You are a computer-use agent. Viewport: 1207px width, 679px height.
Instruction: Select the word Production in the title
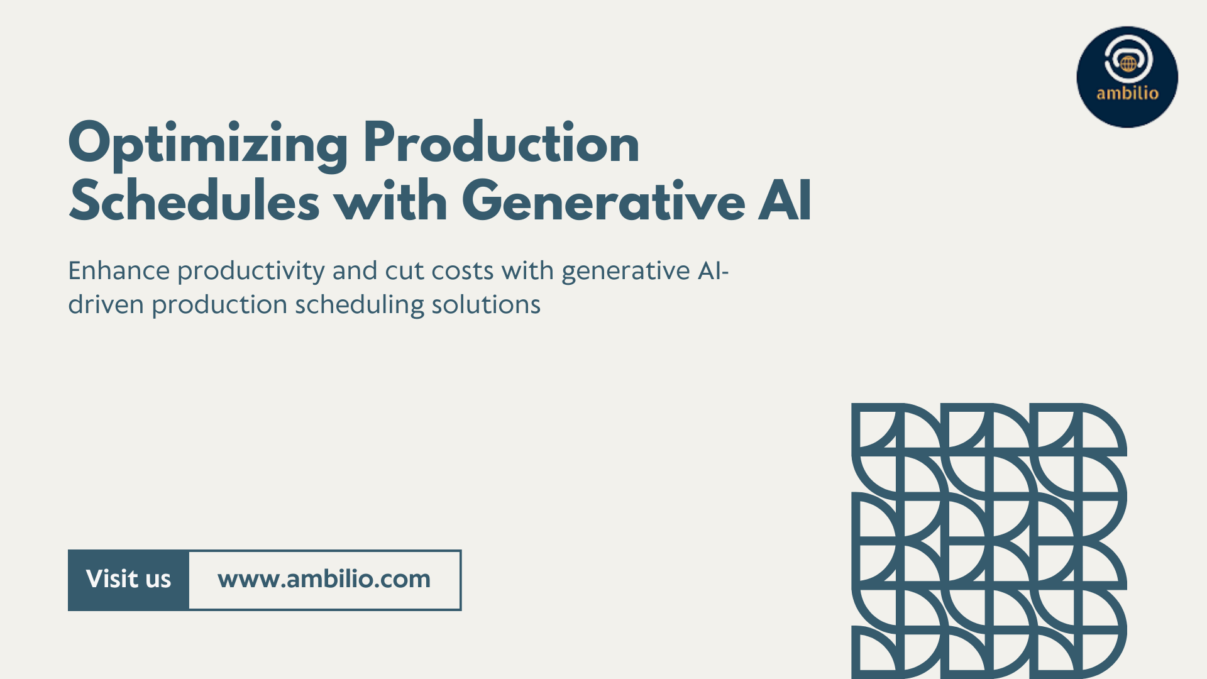click(502, 143)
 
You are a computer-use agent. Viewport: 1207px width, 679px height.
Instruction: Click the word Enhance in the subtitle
click(119, 271)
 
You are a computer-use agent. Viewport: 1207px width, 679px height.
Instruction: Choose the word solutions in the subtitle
click(486, 305)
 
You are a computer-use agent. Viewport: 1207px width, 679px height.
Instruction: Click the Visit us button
click(128, 580)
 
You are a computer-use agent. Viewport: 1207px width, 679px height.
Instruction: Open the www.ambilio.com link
click(324, 580)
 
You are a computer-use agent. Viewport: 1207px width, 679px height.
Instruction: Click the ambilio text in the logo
click(1127, 93)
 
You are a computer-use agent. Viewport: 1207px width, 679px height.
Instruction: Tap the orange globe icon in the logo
click(1128, 63)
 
